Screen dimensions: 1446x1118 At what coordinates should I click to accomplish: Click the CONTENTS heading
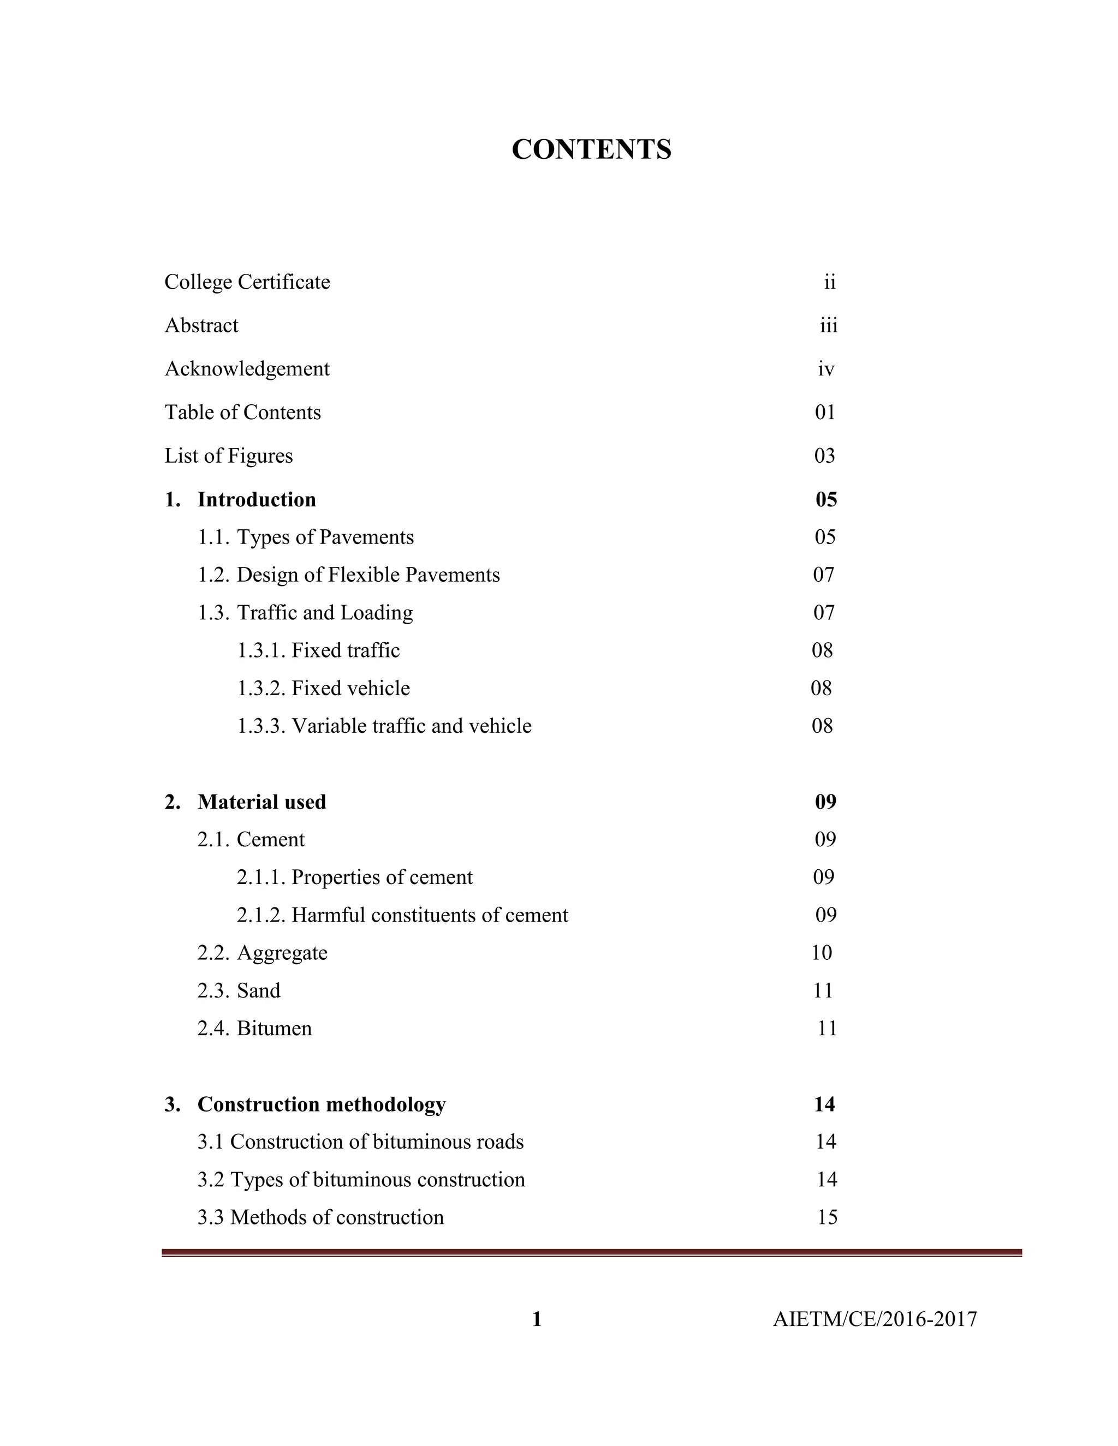[591, 150]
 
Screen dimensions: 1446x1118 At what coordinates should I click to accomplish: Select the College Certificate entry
[247, 282]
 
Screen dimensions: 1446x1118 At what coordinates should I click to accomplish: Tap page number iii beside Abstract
[829, 326]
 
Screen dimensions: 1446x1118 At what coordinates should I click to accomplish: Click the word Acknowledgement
[247, 369]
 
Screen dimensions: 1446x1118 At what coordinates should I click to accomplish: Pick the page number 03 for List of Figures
[825, 456]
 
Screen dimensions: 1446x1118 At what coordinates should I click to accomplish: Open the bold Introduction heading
[257, 499]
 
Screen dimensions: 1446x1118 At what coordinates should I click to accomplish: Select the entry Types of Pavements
[325, 537]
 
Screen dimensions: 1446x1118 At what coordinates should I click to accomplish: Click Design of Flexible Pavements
[367, 575]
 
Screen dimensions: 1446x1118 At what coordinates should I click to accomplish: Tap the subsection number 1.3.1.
[261, 650]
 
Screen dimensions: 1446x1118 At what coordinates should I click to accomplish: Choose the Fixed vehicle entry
[350, 689]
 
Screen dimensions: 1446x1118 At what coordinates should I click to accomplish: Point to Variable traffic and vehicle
[411, 726]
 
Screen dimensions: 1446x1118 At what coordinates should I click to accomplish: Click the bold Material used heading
[261, 802]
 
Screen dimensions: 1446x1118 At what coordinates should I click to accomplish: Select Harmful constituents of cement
[429, 915]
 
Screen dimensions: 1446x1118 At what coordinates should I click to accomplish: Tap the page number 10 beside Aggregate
[821, 953]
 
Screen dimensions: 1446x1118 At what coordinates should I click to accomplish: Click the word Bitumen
[274, 1028]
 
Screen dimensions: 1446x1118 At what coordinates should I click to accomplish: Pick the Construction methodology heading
[321, 1104]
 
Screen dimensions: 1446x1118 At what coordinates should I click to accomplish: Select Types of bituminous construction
[378, 1180]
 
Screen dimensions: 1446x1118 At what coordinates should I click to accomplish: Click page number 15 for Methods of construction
[827, 1217]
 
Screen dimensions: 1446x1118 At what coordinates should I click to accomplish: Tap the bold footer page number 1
[537, 1319]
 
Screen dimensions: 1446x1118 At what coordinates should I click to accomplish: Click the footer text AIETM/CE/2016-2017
[875, 1319]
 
